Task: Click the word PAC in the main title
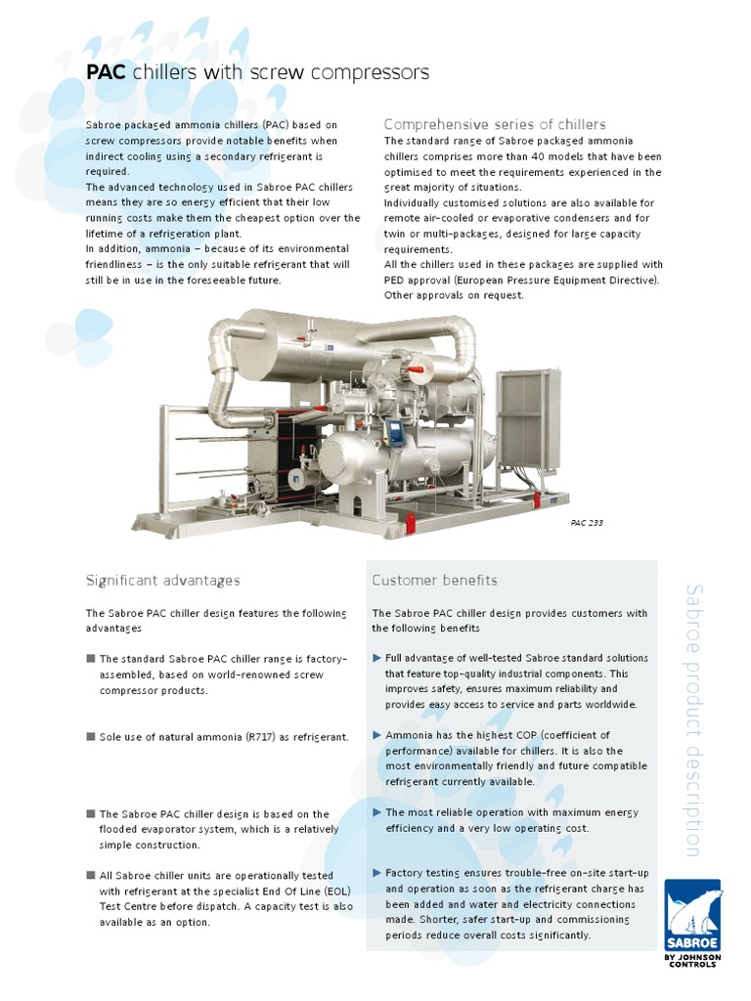(x=107, y=73)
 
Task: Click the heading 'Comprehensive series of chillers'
(x=495, y=124)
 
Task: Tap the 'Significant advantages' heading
(x=162, y=581)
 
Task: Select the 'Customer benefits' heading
(x=434, y=581)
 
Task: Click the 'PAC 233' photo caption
(x=587, y=523)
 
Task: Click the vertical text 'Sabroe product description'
(x=692, y=719)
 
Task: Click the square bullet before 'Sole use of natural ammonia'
(x=91, y=736)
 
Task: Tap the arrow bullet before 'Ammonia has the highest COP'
(x=377, y=735)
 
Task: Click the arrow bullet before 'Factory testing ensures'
(x=377, y=872)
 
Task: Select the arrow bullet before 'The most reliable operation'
(x=377, y=812)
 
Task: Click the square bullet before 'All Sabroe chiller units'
(x=91, y=875)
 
